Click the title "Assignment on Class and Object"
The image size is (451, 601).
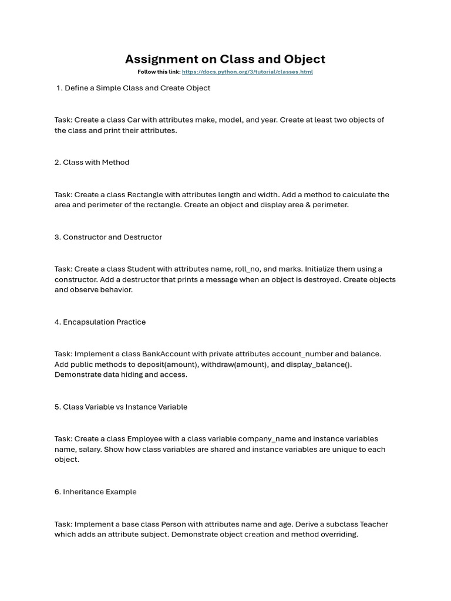coord(225,59)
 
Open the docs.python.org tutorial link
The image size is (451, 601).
coord(247,72)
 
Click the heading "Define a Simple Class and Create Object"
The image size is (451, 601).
coord(137,88)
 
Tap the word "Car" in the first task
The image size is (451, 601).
coord(134,120)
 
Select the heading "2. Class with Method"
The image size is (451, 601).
coord(92,163)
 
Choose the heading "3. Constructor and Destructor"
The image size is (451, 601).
coord(108,237)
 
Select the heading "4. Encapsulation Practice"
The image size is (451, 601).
coord(100,322)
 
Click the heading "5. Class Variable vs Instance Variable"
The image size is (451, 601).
coord(121,407)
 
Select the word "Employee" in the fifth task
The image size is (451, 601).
coord(145,439)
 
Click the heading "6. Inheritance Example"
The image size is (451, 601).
coord(95,492)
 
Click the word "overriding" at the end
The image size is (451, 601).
coord(338,535)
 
